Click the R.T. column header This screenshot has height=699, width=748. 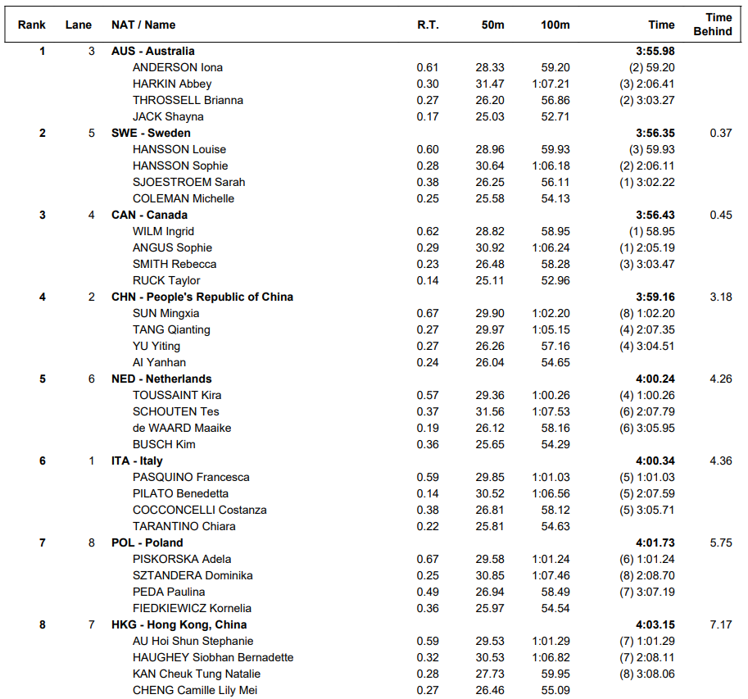click(x=428, y=25)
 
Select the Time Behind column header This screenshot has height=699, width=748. click(x=712, y=25)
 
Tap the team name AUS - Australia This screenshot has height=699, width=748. click(x=152, y=51)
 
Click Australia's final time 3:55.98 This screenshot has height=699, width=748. click(x=655, y=51)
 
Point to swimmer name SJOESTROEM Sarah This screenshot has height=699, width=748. click(x=188, y=182)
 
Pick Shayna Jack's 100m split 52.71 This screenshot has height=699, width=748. click(x=555, y=116)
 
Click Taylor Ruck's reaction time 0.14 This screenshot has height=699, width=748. click(x=428, y=280)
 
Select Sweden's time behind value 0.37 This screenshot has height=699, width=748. click(x=721, y=133)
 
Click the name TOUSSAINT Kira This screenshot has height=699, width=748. click(x=177, y=395)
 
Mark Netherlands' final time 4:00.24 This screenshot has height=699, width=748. click(x=655, y=379)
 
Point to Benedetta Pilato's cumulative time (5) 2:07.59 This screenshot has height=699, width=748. click(x=646, y=493)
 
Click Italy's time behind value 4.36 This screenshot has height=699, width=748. click(x=721, y=461)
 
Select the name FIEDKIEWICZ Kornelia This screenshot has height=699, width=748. click(x=192, y=608)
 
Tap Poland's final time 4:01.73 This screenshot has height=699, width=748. click(x=655, y=542)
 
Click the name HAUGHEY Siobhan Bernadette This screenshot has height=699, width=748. click(x=212, y=657)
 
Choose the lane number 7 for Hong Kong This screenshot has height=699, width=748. click(x=92, y=624)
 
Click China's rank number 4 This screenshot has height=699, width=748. click(x=43, y=297)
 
